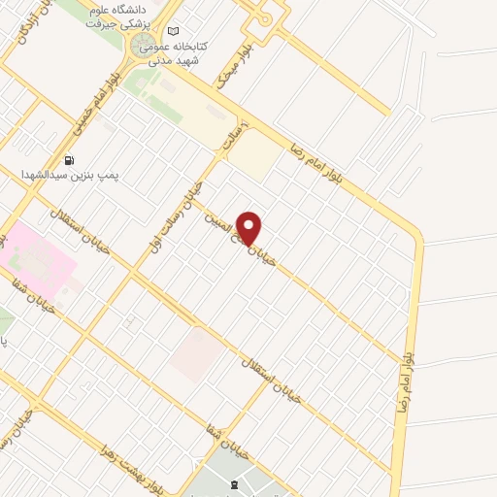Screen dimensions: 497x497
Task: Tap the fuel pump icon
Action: click(69, 160)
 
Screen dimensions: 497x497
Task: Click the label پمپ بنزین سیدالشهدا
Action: click(69, 175)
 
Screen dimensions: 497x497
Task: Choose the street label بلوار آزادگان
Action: click(21, 29)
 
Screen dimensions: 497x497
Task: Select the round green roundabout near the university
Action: click(142, 47)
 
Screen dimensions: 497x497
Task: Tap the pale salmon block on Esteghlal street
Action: click(192, 354)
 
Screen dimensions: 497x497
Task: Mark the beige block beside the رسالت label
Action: click(254, 153)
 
